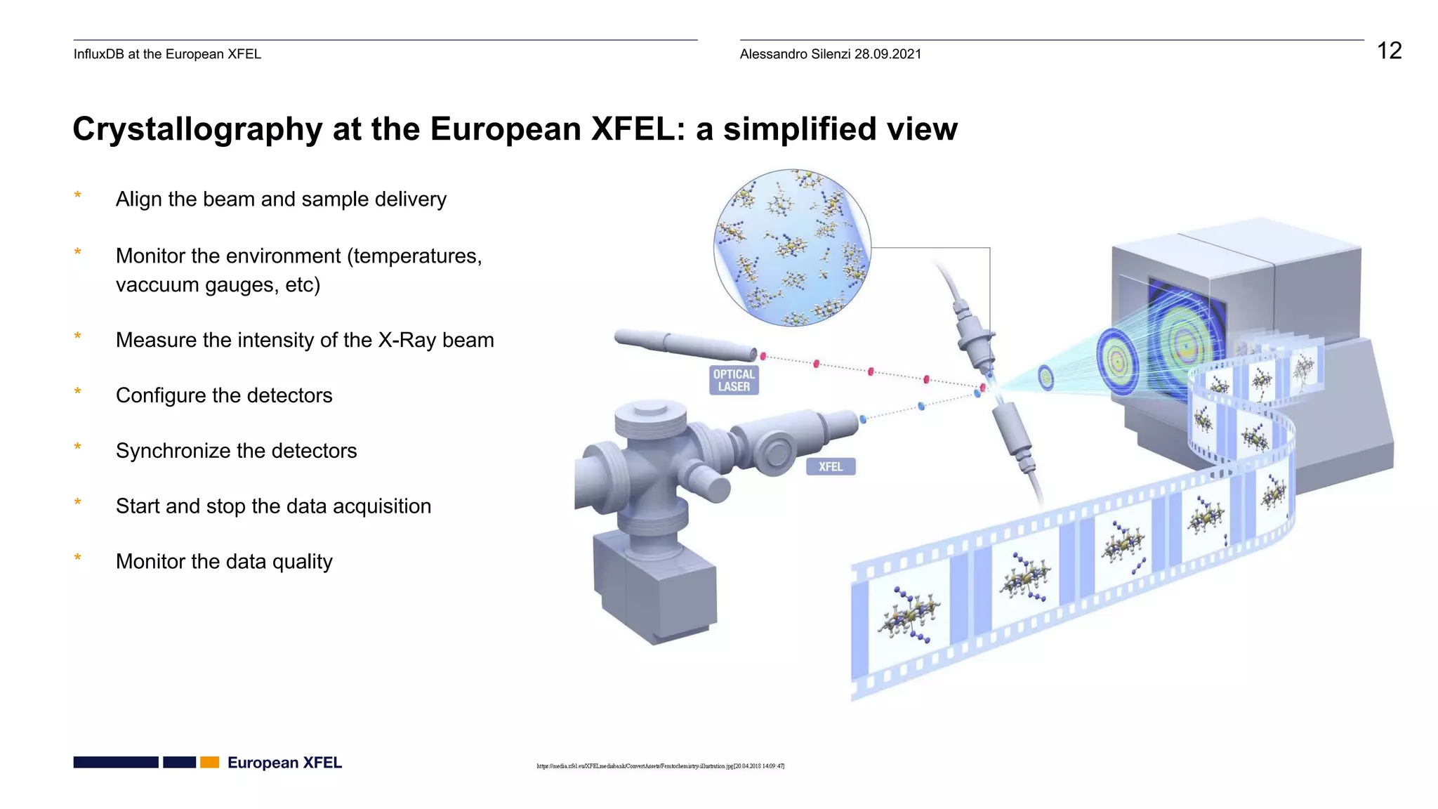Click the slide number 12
pyautogui.click(x=1388, y=51)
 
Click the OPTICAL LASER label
pyautogui.click(x=734, y=380)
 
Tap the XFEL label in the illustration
pyautogui.click(x=831, y=466)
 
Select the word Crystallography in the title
pyautogui.click(x=197, y=129)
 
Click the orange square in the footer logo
pyautogui.click(x=210, y=763)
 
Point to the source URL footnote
pyautogui.click(x=660, y=766)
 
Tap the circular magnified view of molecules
pyautogui.click(x=792, y=247)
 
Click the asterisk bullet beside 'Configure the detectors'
pyautogui.click(x=78, y=393)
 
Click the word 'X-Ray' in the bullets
pyautogui.click(x=407, y=340)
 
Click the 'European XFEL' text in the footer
pyautogui.click(x=284, y=763)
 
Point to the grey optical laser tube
pyautogui.click(x=685, y=344)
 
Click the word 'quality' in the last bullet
pyautogui.click(x=302, y=562)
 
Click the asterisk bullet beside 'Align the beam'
pyautogui.click(x=78, y=197)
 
